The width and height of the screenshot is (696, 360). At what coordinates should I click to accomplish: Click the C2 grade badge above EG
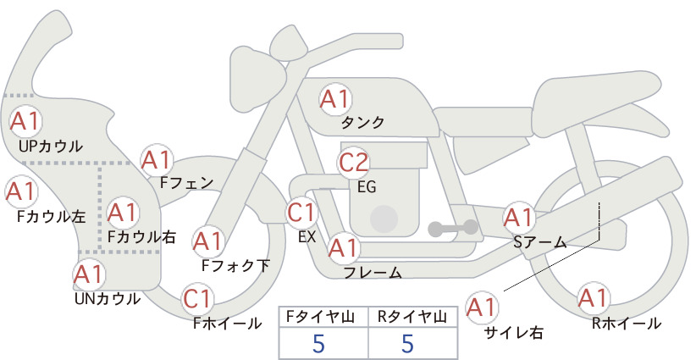(x=354, y=163)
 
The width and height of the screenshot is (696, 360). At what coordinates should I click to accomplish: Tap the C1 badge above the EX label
(x=301, y=212)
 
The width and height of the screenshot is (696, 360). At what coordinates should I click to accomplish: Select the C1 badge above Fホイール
(x=196, y=299)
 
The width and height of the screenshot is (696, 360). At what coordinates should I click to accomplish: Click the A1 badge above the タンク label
(x=335, y=99)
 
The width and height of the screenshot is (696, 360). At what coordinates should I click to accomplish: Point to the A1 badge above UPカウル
(x=25, y=122)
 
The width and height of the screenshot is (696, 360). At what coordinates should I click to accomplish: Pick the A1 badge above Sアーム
(x=518, y=218)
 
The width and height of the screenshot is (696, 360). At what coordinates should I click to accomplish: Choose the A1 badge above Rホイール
(x=593, y=298)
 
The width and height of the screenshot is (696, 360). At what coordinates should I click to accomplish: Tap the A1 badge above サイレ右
(x=482, y=307)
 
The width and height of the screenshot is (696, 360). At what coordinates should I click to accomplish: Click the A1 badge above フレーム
(x=344, y=247)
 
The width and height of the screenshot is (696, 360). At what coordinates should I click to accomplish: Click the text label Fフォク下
(x=235, y=265)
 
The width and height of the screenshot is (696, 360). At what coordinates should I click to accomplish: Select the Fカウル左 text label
(x=51, y=216)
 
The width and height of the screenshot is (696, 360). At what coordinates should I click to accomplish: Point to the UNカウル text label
(x=108, y=299)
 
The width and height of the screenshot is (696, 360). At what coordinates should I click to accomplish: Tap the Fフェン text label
(x=186, y=182)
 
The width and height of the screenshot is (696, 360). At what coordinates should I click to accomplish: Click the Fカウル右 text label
(x=142, y=236)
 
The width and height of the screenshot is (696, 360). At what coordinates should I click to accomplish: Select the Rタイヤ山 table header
(x=412, y=317)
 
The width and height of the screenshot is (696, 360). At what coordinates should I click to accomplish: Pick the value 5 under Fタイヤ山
(x=318, y=343)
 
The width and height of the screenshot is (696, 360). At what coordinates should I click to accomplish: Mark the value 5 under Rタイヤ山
(x=407, y=343)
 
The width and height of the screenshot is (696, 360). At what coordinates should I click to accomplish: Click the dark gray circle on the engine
(x=384, y=219)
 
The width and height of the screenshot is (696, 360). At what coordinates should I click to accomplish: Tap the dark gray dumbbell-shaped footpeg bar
(x=453, y=228)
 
